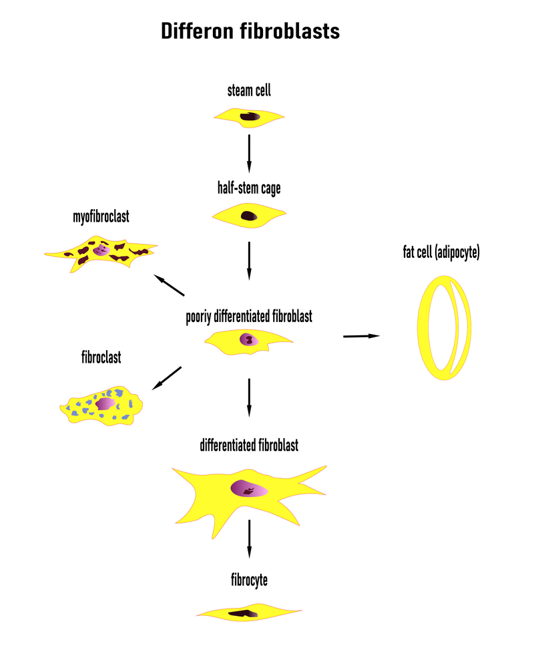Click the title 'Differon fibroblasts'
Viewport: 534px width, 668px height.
pyautogui.click(x=250, y=31)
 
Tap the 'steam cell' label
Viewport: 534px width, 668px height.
pyautogui.click(x=249, y=91)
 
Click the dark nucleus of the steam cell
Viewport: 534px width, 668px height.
pyautogui.click(x=251, y=117)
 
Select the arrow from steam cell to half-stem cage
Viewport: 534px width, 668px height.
pyautogui.click(x=249, y=152)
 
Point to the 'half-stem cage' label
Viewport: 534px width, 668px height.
pyautogui.click(x=249, y=188)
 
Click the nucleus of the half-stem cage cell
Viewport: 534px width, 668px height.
pyautogui.click(x=249, y=216)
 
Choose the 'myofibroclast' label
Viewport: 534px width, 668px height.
pyautogui.click(x=101, y=217)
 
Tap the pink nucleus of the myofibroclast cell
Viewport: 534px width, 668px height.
pyautogui.click(x=101, y=249)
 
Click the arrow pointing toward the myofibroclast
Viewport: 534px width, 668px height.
pyautogui.click(x=169, y=285)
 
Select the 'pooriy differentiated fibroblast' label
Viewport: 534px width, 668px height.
pyautogui.click(x=249, y=317)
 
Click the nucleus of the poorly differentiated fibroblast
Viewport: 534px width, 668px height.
pyautogui.click(x=248, y=339)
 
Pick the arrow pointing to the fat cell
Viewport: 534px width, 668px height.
pyautogui.click(x=361, y=336)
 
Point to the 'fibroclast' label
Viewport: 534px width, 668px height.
pyautogui.click(x=101, y=357)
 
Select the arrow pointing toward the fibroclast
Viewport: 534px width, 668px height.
pyautogui.click(x=166, y=378)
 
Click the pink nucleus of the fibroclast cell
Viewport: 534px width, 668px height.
pyautogui.click(x=105, y=404)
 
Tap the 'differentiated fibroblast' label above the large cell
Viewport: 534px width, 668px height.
pyautogui.click(x=249, y=445)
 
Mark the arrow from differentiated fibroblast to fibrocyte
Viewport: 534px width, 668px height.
pyautogui.click(x=249, y=538)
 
